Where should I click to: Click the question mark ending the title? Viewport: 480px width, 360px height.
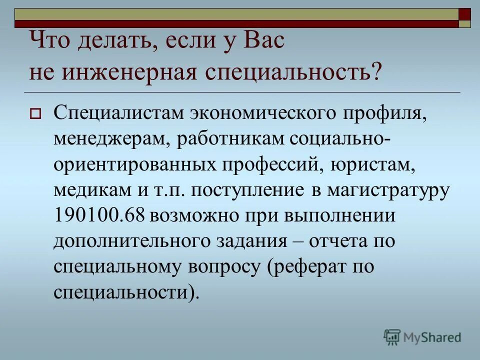tap(376, 73)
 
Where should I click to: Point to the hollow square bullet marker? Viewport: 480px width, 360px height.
tap(34, 114)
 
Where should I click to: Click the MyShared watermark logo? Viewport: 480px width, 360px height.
tap(422, 337)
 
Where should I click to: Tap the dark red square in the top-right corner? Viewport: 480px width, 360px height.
tap(465, 13)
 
